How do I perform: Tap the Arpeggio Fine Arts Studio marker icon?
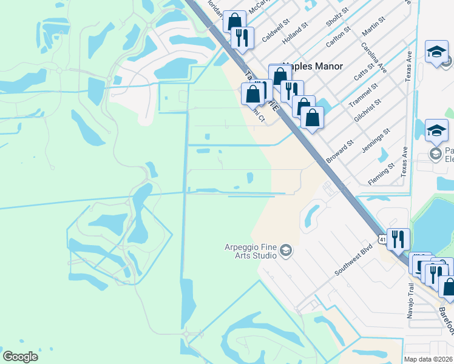point(286,251)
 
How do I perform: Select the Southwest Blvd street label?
point(353,261)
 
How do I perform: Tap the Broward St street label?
point(339,152)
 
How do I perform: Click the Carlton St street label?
point(337,36)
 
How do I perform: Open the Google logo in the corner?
point(20,357)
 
